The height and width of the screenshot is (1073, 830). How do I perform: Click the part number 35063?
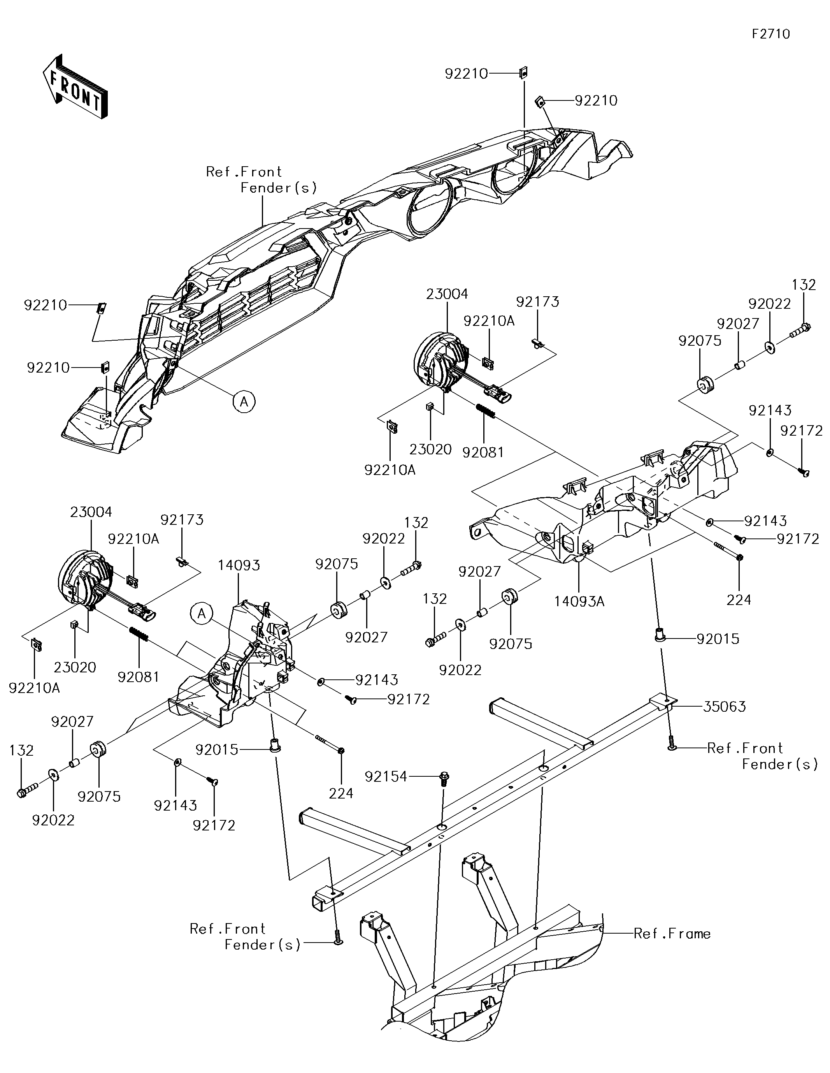pos(725,707)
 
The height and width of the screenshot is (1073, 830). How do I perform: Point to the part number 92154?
pos(386,776)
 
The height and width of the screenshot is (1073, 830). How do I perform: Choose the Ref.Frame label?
pos(672,934)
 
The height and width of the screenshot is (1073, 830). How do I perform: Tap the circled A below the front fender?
pos(244,402)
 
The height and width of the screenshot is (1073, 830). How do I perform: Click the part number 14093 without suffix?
pos(239,565)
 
